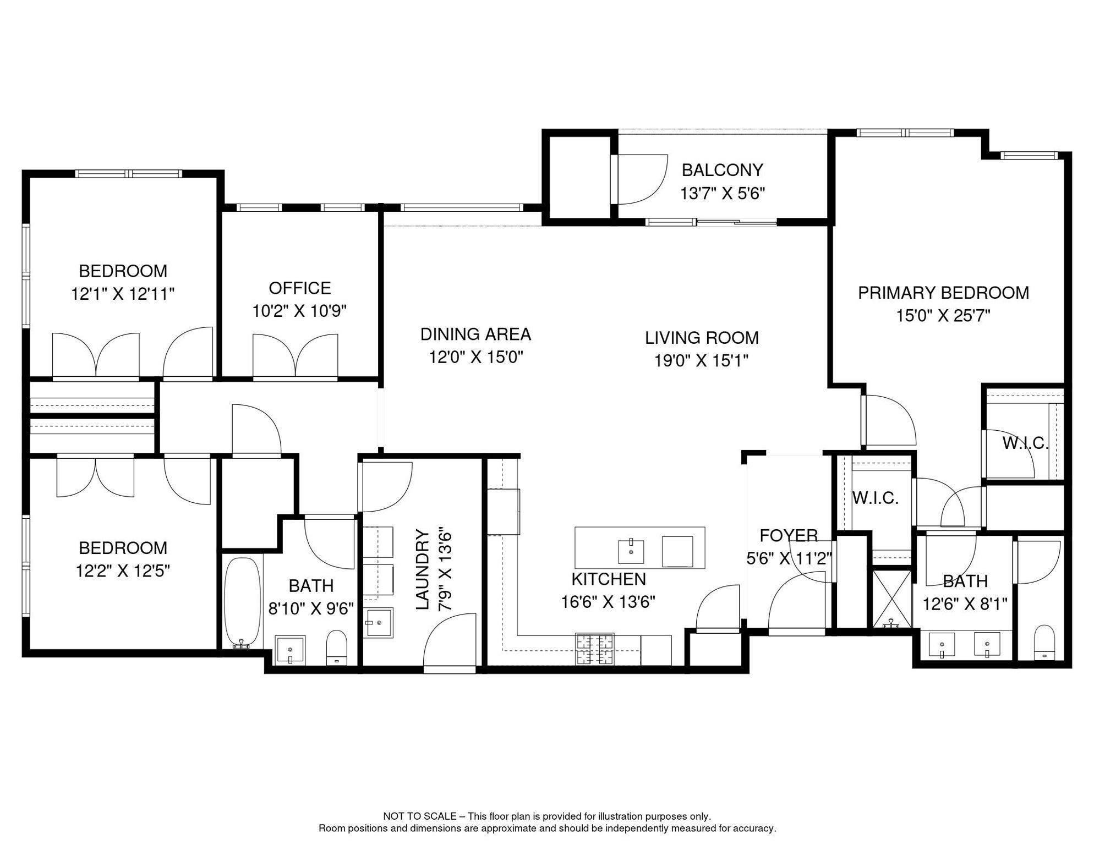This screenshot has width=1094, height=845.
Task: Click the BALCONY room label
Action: pyautogui.click(x=722, y=171)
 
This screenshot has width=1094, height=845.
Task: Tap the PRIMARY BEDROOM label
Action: pyautogui.click(x=943, y=293)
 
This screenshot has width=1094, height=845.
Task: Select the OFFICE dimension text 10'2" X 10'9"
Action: pyautogui.click(x=299, y=311)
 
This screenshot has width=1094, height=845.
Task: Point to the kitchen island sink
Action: pyautogui.click(x=631, y=551)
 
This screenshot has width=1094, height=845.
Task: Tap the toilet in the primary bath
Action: pyautogui.click(x=1044, y=642)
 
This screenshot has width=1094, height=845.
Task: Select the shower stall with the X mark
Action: pyautogui.click(x=891, y=599)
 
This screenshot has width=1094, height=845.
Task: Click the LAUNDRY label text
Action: pyautogui.click(x=423, y=569)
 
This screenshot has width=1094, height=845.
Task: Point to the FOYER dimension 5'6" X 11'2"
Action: pyautogui.click(x=789, y=559)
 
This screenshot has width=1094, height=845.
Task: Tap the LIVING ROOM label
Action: pyautogui.click(x=702, y=338)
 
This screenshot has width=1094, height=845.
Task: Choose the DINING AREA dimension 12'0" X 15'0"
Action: pyautogui.click(x=475, y=358)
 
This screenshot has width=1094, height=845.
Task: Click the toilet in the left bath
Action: pyautogui.click(x=336, y=649)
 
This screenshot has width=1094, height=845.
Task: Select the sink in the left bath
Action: pyautogui.click(x=290, y=651)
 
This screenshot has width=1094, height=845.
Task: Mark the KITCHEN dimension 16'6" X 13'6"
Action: pyautogui.click(x=608, y=602)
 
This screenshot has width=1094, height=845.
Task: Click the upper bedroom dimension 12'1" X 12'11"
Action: pyautogui.click(x=123, y=294)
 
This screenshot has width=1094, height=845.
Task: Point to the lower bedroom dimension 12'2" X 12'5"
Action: pyautogui.click(x=123, y=571)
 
